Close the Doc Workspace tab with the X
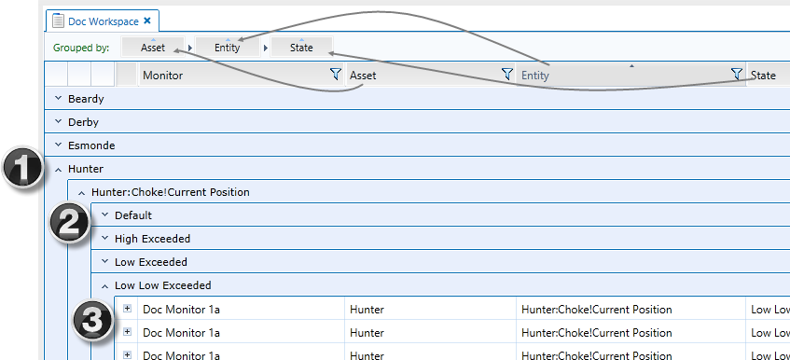[x=147, y=20]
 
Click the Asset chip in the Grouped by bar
[x=153, y=48]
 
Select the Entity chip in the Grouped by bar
[x=228, y=48]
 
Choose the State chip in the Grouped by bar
[x=300, y=48]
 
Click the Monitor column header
[x=163, y=76]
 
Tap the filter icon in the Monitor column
[x=335, y=75]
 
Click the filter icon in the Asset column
[x=506, y=75]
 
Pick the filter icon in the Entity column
[x=737, y=75]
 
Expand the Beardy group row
[x=58, y=98]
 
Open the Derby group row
[x=58, y=122]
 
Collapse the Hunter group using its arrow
[x=58, y=169]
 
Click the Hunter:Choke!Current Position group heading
[x=171, y=192]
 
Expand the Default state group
[x=104, y=215]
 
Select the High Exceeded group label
[x=152, y=239]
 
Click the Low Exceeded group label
[x=151, y=262]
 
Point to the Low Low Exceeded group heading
[x=162, y=285]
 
